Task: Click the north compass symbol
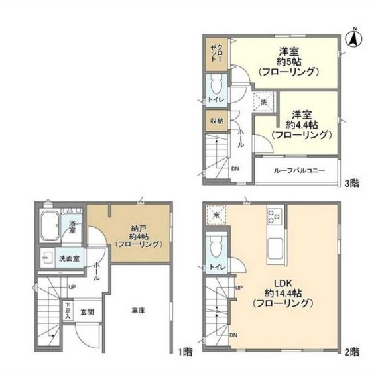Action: pyautogui.click(x=355, y=38)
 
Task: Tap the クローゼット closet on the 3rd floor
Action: pyautogui.click(x=216, y=54)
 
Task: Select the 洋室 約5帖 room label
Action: pyautogui.click(x=288, y=62)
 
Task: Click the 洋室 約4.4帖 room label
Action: pyautogui.click(x=302, y=125)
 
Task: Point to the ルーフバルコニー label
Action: pyautogui.click(x=299, y=170)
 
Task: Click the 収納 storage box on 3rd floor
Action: pyautogui.click(x=216, y=121)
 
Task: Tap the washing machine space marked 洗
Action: pyautogui.click(x=264, y=102)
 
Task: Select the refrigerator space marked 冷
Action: pyautogui.click(x=216, y=215)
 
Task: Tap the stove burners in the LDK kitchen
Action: pyautogui.click(x=275, y=215)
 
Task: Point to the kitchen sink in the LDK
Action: pyautogui.click(x=275, y=250)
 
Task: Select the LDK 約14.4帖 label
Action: pyautogui.click(x=283, y=293)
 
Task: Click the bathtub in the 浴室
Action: pyautogui.click(x=50, y=226)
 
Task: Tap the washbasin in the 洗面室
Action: pyautogui.click(x=46, y=258)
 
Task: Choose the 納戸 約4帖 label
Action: pyautogui.click(x=139, y=236)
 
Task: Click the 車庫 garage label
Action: pyautogui.click(x=138, y=311)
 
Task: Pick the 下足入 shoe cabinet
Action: pyautogui.click(x=67, y=311)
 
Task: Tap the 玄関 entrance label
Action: pyautogui.click(x=87, y=312)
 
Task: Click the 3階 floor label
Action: pyautogui.click(x=351, y=184)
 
